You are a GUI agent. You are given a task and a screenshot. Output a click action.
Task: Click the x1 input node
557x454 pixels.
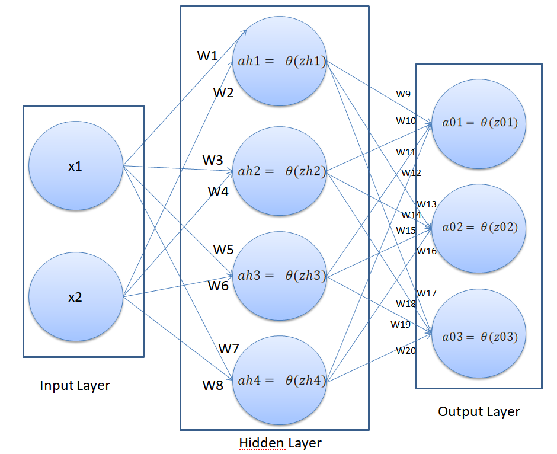75,167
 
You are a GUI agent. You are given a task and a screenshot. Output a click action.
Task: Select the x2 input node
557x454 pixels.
75,297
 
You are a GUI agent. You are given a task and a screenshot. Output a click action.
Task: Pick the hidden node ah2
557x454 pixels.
280,171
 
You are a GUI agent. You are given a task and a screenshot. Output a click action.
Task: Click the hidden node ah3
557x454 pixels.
280,276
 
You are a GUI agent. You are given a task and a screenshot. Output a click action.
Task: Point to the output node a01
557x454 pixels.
479,123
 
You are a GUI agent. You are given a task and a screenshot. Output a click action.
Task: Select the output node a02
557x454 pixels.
479,227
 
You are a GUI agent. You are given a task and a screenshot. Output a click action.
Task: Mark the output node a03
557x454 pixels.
479,337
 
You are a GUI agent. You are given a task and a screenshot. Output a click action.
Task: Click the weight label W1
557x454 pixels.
207,56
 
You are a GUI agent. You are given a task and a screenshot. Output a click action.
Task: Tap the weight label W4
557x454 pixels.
218,191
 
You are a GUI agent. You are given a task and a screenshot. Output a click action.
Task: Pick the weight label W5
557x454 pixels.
223,250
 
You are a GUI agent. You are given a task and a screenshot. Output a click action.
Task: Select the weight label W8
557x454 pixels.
213,385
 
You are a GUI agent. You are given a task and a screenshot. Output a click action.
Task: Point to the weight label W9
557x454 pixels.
403,94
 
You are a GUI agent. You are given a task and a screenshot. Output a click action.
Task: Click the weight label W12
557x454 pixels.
411,173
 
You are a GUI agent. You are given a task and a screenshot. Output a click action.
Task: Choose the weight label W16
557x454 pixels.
426,251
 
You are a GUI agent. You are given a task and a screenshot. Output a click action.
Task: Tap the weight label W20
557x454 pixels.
406,351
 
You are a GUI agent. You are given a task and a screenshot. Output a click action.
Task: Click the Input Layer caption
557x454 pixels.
75,386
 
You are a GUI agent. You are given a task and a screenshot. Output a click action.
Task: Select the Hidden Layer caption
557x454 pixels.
280,443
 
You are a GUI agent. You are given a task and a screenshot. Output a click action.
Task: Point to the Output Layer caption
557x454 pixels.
479,411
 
